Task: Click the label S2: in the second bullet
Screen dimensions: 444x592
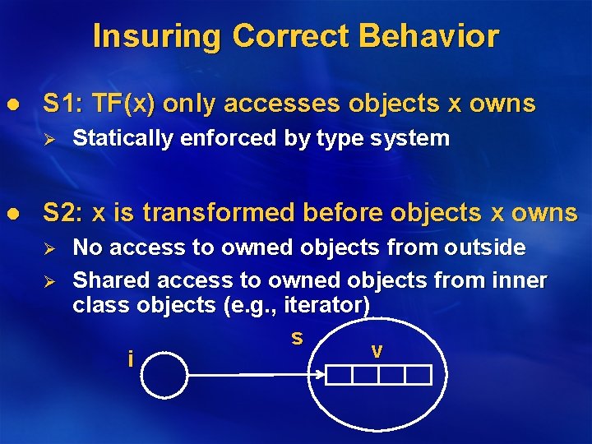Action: [x=63, y=213]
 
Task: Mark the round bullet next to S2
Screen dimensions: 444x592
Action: [x=11, y=214]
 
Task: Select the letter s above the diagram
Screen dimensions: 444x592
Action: [x=297, y=337]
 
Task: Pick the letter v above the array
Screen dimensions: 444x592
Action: [x=377, y=351]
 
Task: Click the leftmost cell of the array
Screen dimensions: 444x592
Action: [x=340, y=376]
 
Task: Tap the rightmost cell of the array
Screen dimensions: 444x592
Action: [x=418, y=376]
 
